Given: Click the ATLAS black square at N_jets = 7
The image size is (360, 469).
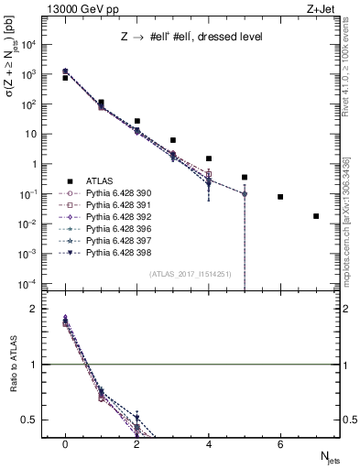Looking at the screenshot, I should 316,216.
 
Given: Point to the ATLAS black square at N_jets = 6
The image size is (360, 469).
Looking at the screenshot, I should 280,197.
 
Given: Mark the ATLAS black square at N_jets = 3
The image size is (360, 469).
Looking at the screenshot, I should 173,140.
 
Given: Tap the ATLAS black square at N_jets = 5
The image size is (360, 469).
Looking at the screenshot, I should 245,177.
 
